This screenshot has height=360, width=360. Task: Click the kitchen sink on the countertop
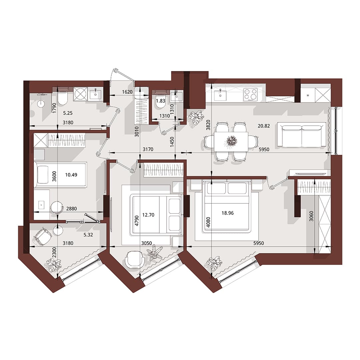(220, 95)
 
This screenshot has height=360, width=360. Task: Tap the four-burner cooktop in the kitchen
(250, 94)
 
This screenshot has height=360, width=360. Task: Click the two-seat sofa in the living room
(302, 135)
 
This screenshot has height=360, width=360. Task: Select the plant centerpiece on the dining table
(231, 141)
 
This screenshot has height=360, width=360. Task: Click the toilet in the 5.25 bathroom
(63, 98)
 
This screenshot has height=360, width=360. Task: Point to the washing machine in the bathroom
(80, 94)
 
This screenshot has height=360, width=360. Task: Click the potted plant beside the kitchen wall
(196, 117)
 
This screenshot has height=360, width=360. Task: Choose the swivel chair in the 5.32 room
(43, 236)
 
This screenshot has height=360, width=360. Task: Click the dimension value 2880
(71, 209)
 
